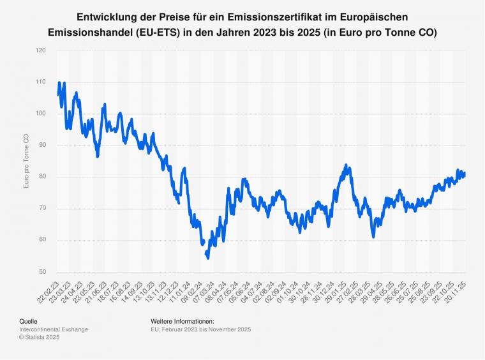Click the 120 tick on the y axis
point(41,50)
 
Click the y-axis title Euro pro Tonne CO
point(26,161)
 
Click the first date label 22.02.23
point(48,290)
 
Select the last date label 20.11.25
point(456,290)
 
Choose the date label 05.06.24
point(241,290)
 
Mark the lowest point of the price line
point(208,258)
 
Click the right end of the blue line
point(465,174)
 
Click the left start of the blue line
point(57,95)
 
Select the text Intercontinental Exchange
point(54,329)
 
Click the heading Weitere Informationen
point(182,321)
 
